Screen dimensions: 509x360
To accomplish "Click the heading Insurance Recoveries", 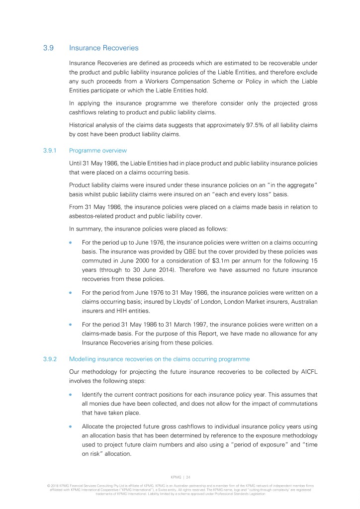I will point(104,48).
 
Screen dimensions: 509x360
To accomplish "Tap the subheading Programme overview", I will point(98,150).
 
